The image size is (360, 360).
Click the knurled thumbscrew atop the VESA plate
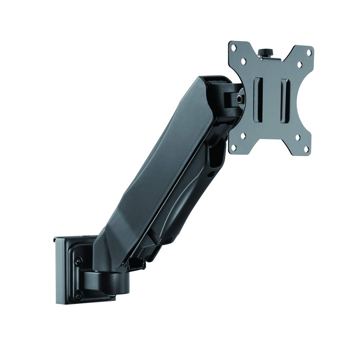tap(266, 52)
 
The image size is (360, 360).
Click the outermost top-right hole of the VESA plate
tap(309, 53)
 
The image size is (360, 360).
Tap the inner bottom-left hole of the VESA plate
tap(244, 136)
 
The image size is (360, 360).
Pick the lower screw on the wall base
tap(77, 296)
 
